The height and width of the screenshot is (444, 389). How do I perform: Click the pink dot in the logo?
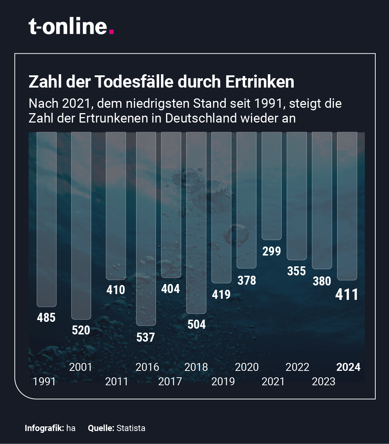111,32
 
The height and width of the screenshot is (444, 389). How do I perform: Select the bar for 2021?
272,186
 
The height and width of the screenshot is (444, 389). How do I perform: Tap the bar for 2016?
146,228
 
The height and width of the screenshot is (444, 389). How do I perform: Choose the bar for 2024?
347,206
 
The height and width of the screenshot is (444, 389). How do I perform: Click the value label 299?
272,251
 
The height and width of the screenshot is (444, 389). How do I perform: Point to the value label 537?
146,337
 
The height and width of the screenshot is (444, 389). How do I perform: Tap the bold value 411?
347,294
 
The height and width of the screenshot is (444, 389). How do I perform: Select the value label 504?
197,324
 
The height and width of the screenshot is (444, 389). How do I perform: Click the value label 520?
81,330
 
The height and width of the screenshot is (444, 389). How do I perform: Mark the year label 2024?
348,367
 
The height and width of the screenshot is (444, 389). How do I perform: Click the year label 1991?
44,381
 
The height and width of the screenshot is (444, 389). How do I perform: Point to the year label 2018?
196,367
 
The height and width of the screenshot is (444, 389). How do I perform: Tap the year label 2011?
117,381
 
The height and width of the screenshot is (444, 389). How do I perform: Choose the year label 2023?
323,381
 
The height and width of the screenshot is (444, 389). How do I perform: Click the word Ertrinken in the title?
260,82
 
